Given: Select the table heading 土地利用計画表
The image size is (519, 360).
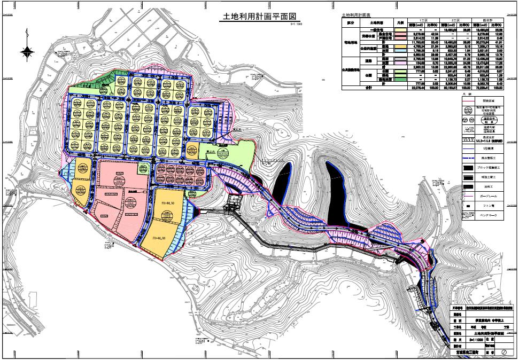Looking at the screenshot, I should (x=358, y=17).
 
